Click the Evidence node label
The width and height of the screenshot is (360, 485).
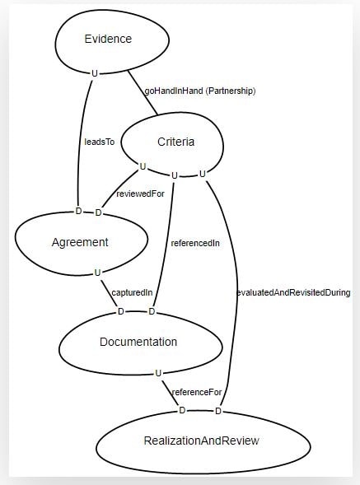pos(108,39)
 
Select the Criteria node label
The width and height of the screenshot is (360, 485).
pos(175,142)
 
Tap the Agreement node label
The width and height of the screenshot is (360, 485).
pos(80,242)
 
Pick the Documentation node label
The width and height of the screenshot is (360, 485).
pos(138,342)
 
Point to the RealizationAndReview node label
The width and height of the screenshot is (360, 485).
pos(202,441)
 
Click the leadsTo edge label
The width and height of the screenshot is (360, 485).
pos(100,142)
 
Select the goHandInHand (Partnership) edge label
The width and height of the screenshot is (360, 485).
pos(200,91)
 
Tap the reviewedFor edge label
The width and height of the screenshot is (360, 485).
pos(140,194)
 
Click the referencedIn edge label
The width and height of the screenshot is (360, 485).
pos(195,243)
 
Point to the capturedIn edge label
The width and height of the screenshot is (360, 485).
pos(132,292)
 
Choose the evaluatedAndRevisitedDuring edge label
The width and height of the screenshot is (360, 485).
pos(293,292)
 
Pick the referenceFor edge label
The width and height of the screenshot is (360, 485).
pos(197,392)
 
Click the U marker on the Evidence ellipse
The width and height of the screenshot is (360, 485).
pos(95,73)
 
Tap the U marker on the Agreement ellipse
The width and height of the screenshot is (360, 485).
pos(97,273)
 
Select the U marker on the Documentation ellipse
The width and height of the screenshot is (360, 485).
pos(158,373)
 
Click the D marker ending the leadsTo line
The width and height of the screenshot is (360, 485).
pos(78,211)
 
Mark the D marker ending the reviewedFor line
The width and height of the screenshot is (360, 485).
pos(98,212)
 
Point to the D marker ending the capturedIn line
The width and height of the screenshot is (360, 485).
pos(121,311)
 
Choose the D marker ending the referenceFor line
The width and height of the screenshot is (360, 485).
pos(182,410)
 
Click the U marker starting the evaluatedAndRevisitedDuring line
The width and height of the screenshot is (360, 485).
pos(203,174)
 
